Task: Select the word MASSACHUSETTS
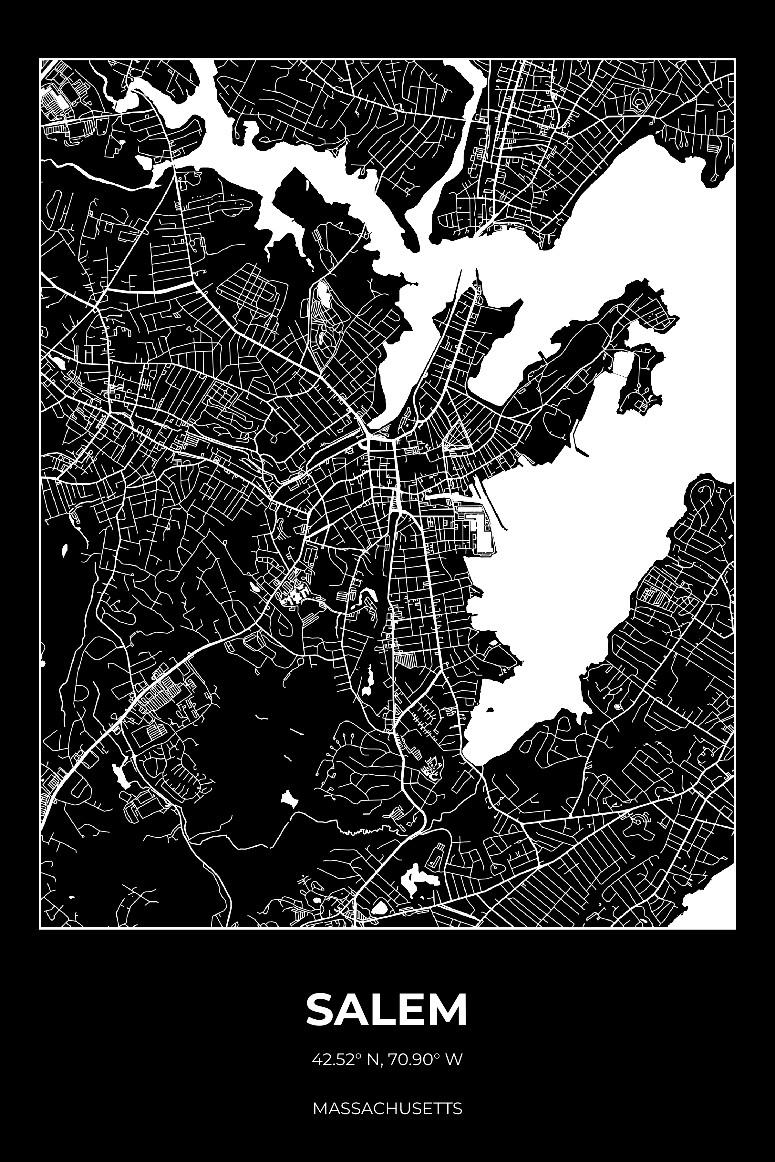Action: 387,1105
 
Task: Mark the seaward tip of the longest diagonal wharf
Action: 506,529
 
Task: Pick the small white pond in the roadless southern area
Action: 287,798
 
